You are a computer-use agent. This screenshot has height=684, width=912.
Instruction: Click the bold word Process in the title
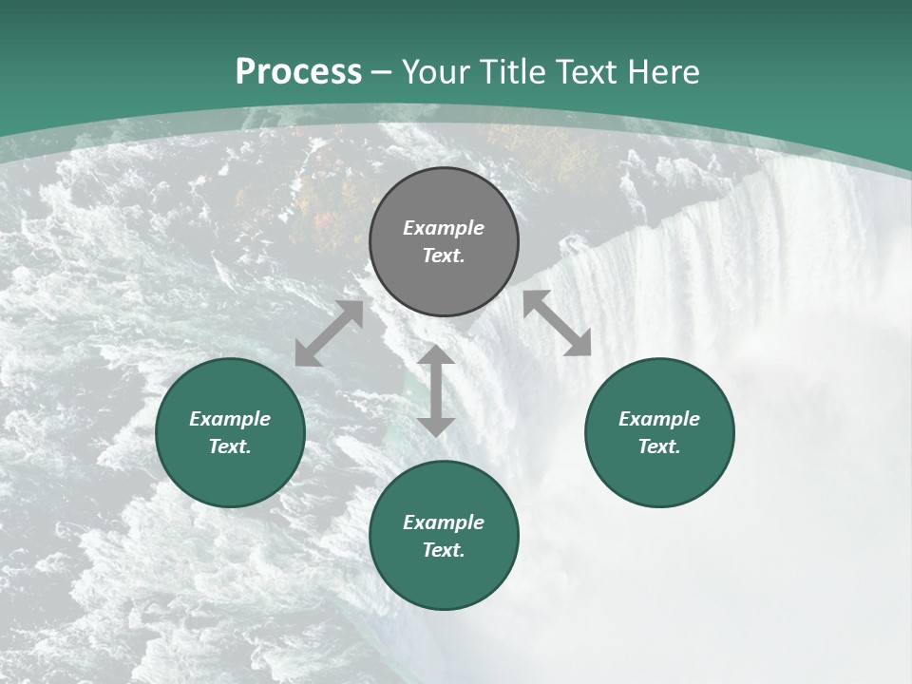(x=298, y=72)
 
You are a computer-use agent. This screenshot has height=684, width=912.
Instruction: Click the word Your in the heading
(x=437, y=72)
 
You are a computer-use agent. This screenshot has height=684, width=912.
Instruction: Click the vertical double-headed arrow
(x=436, y=390)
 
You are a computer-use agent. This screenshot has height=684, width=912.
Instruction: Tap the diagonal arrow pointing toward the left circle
(x=329, y=333)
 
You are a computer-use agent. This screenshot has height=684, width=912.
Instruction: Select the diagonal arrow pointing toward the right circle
(x=558, y=323)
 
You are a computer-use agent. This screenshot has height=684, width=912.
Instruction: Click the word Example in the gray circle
(x=444, y=228)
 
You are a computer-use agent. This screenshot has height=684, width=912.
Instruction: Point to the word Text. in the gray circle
(x=444, y=256)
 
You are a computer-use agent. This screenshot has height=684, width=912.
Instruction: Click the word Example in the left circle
(x=230, y=419)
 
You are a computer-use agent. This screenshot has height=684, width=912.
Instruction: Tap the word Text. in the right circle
(x=659, y=446)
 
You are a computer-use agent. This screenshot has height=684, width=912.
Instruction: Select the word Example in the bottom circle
(x=444, y=522)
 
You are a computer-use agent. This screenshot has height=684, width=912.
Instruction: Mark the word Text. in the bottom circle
(x=444, y=550)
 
